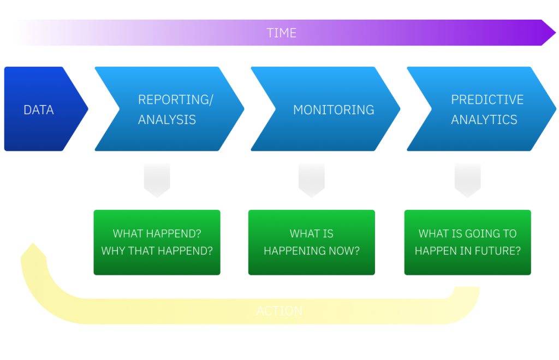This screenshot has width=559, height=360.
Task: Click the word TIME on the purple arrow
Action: (281, 33)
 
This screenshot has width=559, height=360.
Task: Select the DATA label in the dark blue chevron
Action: (39, 110)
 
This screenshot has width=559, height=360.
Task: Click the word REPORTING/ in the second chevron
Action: (175, 99)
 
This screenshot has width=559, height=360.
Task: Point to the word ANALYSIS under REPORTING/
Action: (166, 120)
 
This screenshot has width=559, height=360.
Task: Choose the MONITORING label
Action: (334, 110)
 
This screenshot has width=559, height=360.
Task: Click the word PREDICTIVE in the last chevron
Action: (487, 99)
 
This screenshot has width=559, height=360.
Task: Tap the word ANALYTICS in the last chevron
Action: (484, 120)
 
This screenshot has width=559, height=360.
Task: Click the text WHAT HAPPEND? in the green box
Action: (157, 234)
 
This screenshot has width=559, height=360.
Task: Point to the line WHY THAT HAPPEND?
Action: (157, 251)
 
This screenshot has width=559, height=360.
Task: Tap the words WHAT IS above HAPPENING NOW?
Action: (311, 234)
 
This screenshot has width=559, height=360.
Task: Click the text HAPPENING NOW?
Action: (311, 251)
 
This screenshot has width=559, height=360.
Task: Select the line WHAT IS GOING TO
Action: (467, 234)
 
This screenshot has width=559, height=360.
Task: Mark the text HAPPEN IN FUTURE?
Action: (467, 251)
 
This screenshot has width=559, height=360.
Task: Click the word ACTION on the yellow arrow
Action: (279, 311)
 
